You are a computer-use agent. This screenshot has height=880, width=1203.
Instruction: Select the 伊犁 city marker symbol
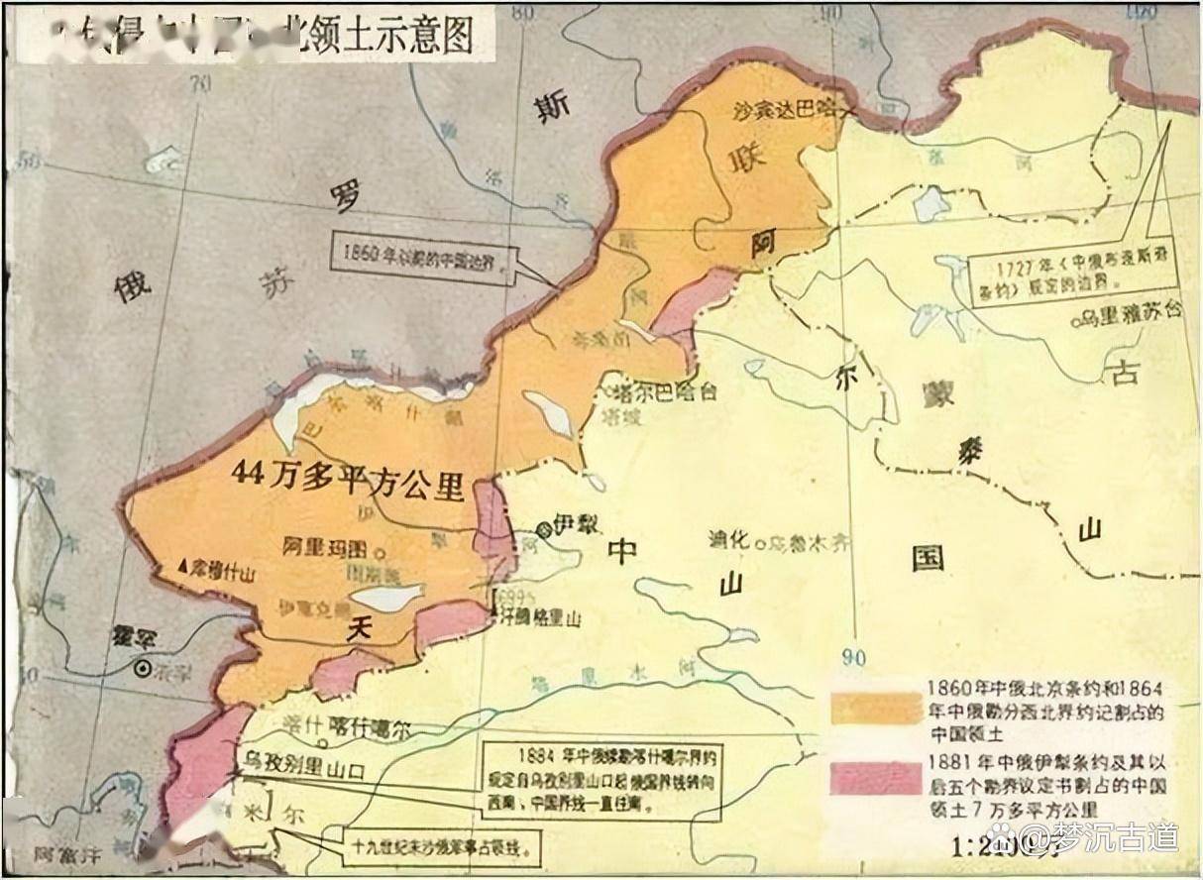[544, 528]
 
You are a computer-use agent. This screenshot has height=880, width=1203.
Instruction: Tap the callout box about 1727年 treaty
[1057, 269]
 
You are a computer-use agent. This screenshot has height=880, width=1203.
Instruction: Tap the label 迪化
[729, 541]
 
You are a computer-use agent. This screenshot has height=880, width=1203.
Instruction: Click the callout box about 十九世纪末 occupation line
[435, 847]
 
